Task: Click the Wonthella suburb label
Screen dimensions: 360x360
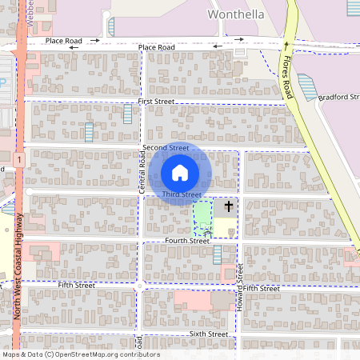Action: tap(235, 14)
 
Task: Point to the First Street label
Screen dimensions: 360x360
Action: tap(155, 102)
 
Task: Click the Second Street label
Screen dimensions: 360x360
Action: tap(166, 148)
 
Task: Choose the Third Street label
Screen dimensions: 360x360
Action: tap(181, 194)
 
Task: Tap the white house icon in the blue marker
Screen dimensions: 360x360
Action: tap(180, 172)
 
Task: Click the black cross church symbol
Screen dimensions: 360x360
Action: tap(228, 207)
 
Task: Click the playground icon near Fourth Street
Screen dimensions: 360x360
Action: tap(209, 234)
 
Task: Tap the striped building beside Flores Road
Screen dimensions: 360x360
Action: tap(308, 86)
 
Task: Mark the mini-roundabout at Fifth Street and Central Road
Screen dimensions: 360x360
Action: tap(141, 286)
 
